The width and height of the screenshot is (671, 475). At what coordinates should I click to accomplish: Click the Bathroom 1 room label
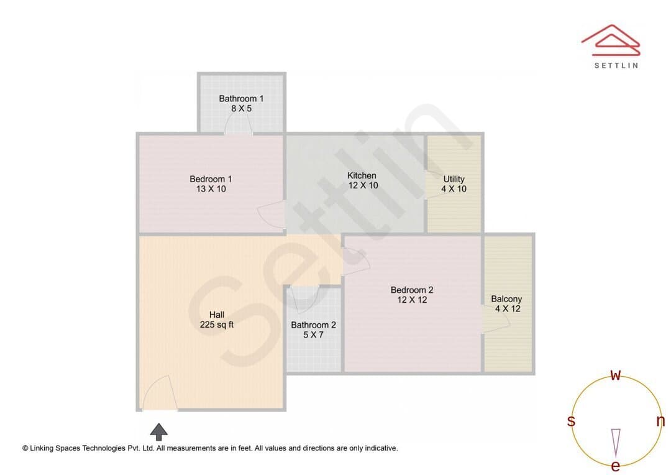tap(241, 98)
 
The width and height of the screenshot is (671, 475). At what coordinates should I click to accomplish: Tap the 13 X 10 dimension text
tap(211, 189)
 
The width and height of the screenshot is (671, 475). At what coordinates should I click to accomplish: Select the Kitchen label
tap(362, 175)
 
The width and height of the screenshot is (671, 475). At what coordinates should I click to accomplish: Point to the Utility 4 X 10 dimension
tap(454, 189)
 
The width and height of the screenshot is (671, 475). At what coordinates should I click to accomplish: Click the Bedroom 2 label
tap(412, 290)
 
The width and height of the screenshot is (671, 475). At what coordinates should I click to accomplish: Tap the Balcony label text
tap(506, 299)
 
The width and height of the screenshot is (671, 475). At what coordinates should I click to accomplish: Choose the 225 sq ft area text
tap(217, 325)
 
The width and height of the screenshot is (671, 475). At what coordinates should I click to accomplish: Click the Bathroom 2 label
tap(313, 325)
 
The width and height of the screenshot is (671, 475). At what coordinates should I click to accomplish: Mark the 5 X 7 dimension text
tap(313, 335)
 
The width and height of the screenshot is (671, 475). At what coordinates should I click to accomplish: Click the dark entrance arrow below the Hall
tap(159, 431)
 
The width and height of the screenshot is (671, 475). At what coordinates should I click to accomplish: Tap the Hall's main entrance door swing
tap(159, 393)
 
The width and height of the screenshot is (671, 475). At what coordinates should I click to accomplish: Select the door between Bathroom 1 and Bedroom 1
tap(239, 125)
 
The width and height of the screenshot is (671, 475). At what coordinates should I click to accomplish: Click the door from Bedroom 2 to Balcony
tap(496, 318)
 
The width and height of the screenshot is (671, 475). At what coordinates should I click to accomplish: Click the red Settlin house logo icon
tap(611, 40)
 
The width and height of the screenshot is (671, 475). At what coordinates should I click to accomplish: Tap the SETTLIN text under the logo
tap(616, 65)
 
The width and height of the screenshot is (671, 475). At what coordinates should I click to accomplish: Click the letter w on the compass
tap(615, 375)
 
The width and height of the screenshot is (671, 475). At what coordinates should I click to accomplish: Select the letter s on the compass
tap(571, 421)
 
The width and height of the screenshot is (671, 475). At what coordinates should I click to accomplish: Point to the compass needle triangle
tap(616, 443)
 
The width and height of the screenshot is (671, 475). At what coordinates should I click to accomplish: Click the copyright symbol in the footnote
tap(25, 448)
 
